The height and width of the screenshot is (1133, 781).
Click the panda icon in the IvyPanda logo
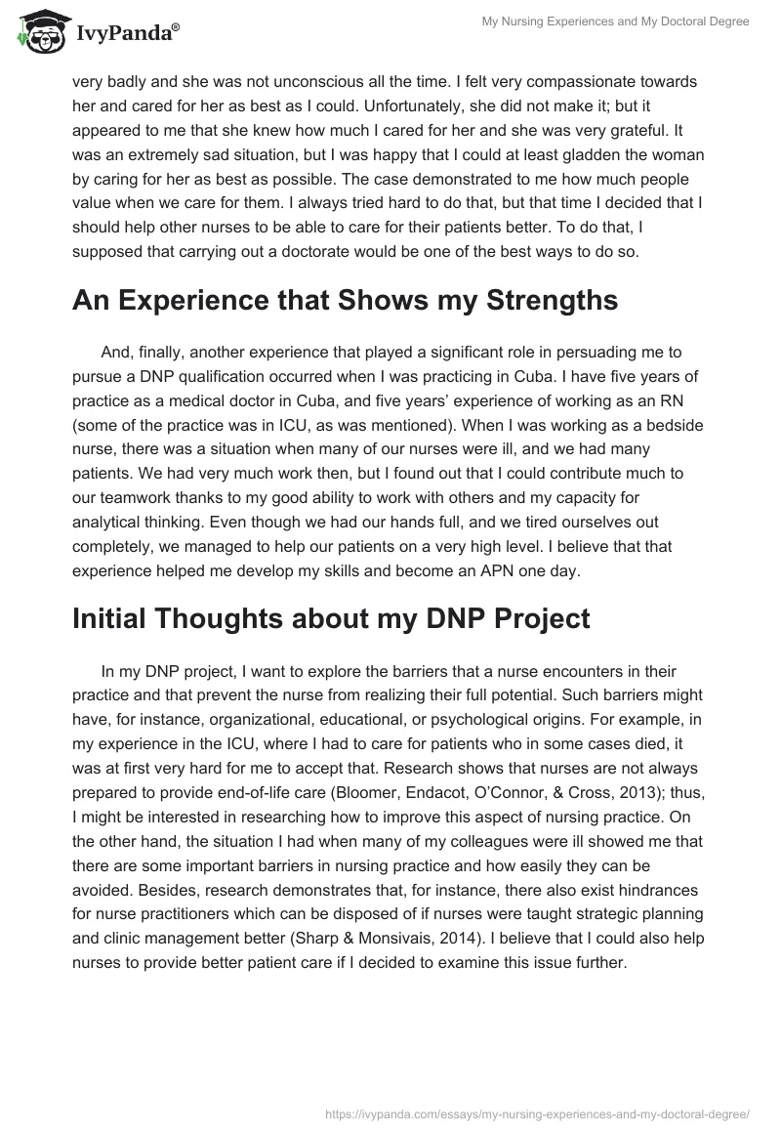pyautogui.click(x=38, y=31)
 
